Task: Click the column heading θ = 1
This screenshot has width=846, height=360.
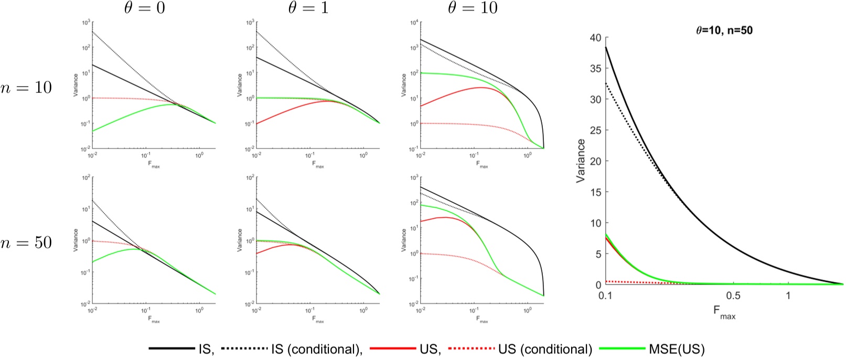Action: (309, 8)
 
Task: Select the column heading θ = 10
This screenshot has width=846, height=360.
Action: (474, 8)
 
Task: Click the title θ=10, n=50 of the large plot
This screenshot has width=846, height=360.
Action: (724, 30)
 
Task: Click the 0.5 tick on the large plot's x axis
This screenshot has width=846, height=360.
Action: (733, 296)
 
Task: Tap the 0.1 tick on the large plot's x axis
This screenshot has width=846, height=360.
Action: (605, 296)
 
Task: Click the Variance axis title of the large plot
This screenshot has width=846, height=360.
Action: (581, 161)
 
